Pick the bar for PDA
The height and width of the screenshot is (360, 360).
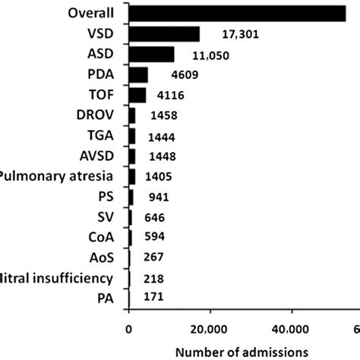tap(138, 74)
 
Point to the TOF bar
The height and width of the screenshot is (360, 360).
tap(137, 95)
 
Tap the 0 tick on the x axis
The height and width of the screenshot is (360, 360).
tap(129, 328)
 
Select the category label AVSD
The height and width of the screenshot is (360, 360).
tap(98, 156)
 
